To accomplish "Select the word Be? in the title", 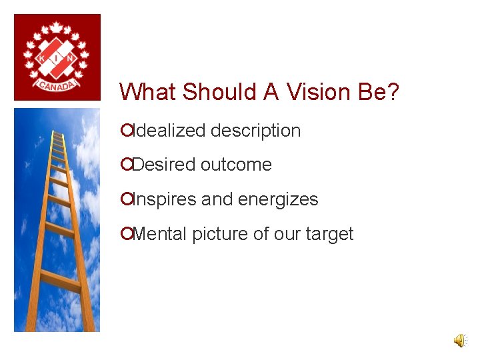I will [378, 92].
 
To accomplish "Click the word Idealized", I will [169, 131].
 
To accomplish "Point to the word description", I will [255, 131].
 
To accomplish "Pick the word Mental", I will [160, 234].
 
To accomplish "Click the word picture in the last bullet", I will [217, 234].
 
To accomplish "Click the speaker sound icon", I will [460, 341].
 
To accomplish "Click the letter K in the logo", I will [41, 59].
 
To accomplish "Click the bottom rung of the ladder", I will [60, 281].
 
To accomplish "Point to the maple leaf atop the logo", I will [57, 27].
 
